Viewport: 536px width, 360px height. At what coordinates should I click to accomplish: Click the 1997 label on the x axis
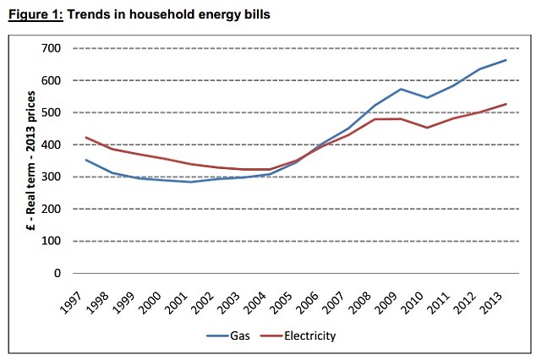(x=73, y=297)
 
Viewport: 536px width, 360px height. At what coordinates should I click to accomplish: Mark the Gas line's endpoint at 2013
(x=506, y=60)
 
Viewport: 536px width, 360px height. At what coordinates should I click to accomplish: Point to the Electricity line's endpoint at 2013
(x=506, y=104)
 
